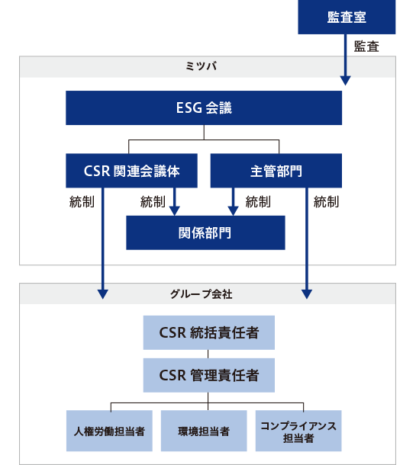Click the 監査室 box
(347, 17)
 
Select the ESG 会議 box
(203, 108)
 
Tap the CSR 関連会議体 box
(132, 171)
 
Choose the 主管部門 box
(276, 171)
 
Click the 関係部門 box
(205, 232)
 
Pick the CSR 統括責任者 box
(208, 333)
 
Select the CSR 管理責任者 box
(208, 375)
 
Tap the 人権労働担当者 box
(111, 431)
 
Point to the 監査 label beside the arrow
(366, 47)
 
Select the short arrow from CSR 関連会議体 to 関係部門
(176, 201)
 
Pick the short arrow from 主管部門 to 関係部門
(234, 201)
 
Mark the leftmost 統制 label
(82, 202)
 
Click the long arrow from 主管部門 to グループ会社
(307, 244)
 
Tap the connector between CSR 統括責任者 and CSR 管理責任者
(208, 354)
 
